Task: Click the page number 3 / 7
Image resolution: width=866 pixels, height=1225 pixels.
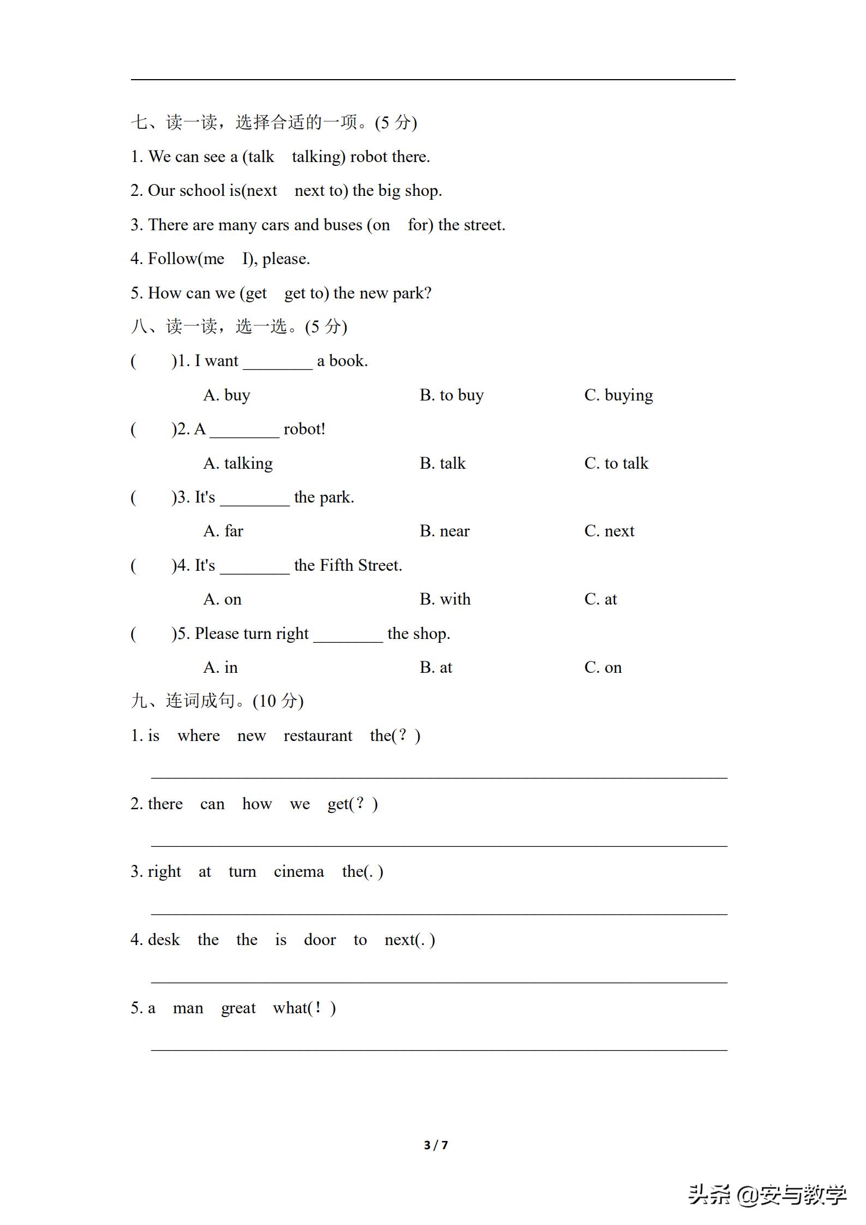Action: [x=435, y=1145]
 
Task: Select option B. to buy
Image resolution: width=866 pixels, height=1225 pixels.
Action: [x=451, y=395]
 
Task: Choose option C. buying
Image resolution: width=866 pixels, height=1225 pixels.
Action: [x=618, y=395]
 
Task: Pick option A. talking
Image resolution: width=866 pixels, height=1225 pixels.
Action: [x=238, y=463]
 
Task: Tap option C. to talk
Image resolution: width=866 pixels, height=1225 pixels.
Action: [x=616, y=463]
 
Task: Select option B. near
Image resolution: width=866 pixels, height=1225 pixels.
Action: [x=444, y=531]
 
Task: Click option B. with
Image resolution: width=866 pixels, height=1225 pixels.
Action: [x=445, y=599]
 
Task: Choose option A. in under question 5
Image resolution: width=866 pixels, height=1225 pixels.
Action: [x=220, y=667]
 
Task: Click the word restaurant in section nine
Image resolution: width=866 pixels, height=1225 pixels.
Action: [x=318, y=736]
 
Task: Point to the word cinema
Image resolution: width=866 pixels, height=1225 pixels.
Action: [x=298, y=871]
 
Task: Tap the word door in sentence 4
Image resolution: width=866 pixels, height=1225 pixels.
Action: [x=320, y=940]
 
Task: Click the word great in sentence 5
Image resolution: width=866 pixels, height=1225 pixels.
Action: [x=238, y=1008]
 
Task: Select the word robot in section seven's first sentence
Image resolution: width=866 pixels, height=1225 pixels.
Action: [x=368, y=157]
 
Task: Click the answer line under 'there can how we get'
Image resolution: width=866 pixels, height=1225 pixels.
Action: [x=439, y=845]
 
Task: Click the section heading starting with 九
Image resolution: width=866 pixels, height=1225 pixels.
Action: [x=217, y=701]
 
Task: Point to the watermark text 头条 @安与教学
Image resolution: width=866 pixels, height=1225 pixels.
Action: [x=767, y=1195]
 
